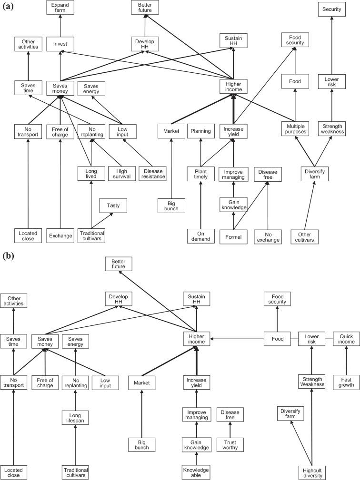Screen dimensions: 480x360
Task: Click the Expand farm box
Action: pos(60,8)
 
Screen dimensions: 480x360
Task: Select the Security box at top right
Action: pos(331,9)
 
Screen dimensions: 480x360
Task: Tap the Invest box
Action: pos(60,44)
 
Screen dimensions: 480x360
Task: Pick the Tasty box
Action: pos(113,206)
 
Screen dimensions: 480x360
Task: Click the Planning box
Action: pos(200,131)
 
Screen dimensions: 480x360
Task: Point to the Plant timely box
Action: pos(200,174)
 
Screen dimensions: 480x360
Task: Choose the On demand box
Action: pos(200,236)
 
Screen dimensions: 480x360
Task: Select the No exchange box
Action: pos(267,236)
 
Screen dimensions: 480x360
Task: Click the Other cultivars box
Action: pos(304,236)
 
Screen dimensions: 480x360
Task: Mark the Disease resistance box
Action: pos(152,174)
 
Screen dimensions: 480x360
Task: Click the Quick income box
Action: pos(346,339)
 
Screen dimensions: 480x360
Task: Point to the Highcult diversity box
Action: pos(313,472)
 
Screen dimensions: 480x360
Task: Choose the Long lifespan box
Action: pos(76,418)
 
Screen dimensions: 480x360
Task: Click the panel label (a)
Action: pos(8,7)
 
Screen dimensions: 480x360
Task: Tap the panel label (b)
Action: pos(8,255)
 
